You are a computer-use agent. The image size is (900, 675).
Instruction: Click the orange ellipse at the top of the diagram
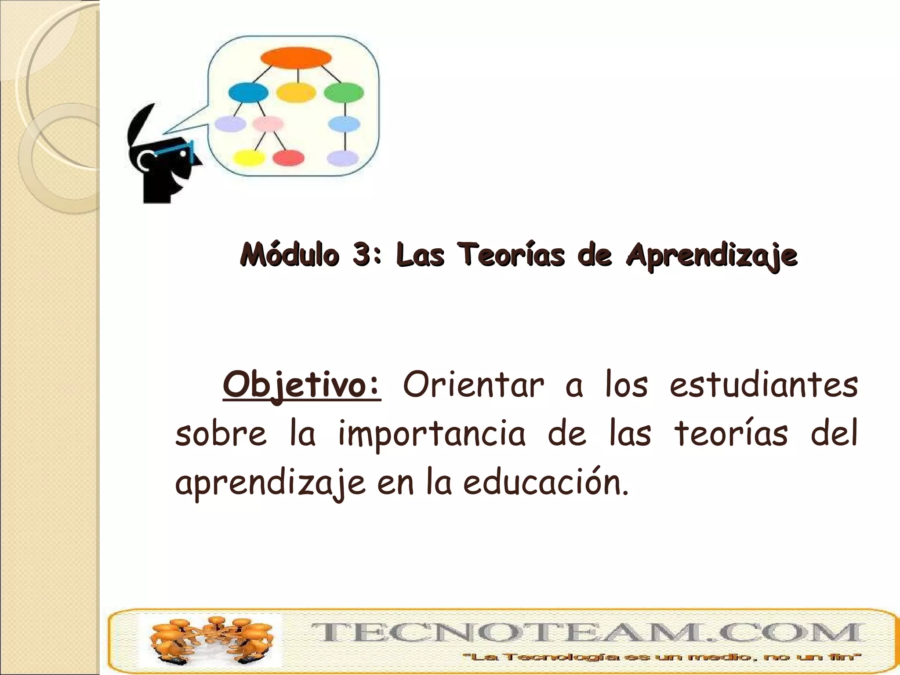[x=296, y=58]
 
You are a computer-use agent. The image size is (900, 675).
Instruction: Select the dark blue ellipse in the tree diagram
[x=248, y=92]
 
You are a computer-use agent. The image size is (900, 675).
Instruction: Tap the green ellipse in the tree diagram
[x=344, y=92]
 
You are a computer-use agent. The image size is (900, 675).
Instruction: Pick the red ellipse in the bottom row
[x=288, y=158]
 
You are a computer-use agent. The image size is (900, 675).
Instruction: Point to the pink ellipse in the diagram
[x=267, y=124]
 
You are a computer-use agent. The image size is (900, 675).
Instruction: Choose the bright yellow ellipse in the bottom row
[x=248, y=158]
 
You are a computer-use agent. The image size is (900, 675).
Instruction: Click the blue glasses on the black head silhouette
[x=176, y=149]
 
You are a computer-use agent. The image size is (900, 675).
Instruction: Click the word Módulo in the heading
[x=290, y=255]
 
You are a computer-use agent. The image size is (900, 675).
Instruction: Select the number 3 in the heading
[x=361, y=255]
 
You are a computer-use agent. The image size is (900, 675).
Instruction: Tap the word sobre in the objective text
[x=221, y=434]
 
